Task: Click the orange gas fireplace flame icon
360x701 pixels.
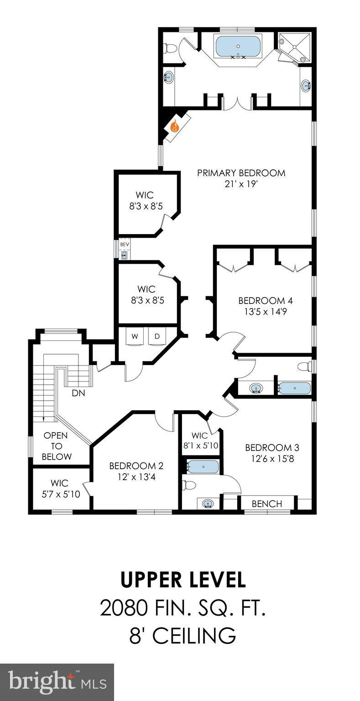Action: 175,126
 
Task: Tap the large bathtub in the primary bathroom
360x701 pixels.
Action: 238,47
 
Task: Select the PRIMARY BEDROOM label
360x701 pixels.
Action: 241,173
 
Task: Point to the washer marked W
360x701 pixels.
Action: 135,336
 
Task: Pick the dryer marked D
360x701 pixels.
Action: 157,336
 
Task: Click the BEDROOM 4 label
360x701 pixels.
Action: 266,301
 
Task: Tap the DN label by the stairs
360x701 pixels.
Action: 78,393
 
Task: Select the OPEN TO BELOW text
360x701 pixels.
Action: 56,446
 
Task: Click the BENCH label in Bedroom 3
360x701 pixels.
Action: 267,503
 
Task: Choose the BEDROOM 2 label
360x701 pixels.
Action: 136,466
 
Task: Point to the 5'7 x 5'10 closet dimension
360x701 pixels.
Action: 61,494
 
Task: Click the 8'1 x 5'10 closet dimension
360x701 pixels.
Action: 200,445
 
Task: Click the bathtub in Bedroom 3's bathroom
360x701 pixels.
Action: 203,467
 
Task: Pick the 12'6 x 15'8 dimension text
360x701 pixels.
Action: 272,459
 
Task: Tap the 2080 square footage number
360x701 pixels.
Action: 124,608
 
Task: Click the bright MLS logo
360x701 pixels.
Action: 57,682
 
